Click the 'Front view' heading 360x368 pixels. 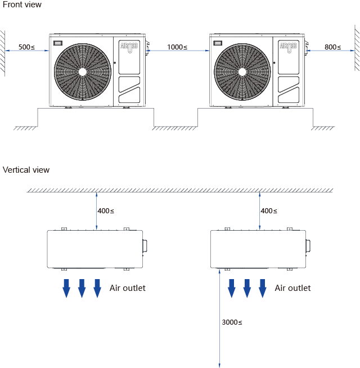tap(22, 5)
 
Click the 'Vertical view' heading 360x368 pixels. tap(26, 170)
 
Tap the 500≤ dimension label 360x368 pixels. tap(26, 47)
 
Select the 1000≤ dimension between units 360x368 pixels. tap(177, 47)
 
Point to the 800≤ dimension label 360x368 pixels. tap(332, 47)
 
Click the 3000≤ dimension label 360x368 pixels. tap(232, 322)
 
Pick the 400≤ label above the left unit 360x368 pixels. tap(106, 211)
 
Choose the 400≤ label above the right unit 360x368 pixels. tap(269, 211)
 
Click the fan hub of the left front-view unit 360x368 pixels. tap(83, 71)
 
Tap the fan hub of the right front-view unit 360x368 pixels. tap(243, 71)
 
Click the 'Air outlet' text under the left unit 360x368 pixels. tap(127, 288)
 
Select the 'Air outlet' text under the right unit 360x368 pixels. tap(292, 288)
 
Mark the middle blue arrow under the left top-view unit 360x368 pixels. tap(82, 288)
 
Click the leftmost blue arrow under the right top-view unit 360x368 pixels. tap(231, 288)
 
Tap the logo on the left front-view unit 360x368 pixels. tap(129, 47)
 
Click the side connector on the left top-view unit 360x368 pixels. tap(145, 245)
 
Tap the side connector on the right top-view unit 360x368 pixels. tap(308, 245)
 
